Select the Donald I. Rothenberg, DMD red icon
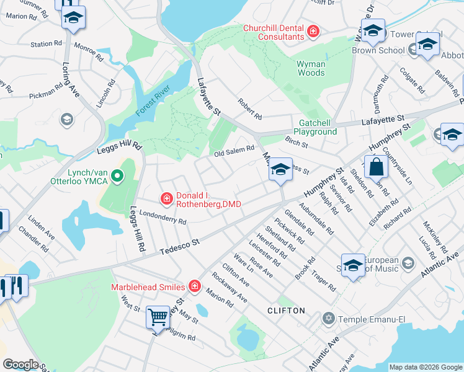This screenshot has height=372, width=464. (166, 198)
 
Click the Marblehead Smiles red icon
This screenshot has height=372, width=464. (195, 286)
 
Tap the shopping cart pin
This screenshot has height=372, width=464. (158, 317)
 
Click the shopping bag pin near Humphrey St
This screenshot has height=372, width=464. (376, 167)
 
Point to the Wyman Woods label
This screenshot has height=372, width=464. (311, 68)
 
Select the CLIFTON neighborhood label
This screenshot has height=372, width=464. (286, 310)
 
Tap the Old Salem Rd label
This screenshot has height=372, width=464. (234, 149)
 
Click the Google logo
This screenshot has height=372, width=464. (20, 365)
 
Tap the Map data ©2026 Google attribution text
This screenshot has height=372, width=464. (425, 367)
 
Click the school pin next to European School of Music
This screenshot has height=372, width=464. (353, 265)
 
